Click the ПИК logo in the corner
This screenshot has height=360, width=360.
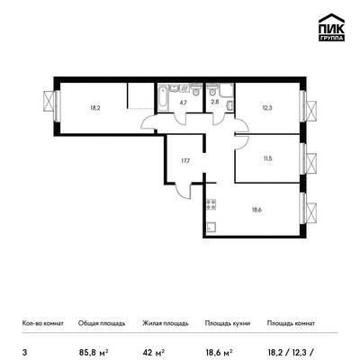(x=331, y=28)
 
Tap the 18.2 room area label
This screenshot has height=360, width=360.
(x=94, y=108)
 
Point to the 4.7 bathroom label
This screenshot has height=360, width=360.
(x=184, y=102)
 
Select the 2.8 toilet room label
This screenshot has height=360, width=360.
(x=215, y=102)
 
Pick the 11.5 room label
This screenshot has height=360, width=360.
(x=267, y=158)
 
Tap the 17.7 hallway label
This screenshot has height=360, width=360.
(x=185, y=161)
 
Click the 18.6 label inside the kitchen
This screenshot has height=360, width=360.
(x=256, y=210)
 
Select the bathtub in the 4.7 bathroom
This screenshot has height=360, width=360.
(x=163, y=98)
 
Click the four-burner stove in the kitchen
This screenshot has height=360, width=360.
(x=211, y=204)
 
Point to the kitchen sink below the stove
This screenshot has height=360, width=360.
(x=211, y=227)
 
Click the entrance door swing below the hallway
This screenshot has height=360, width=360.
(x=183, y=190)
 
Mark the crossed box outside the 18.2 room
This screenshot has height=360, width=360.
(x=49, y=101)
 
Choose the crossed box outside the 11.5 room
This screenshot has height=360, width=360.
(x=311, y=163)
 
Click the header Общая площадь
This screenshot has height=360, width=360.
(x=102, y=323)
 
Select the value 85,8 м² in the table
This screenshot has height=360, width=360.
(x=94, y=352)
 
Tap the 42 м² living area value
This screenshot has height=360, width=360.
(x=154, y=352)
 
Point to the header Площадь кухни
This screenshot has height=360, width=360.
(x=228, y=323)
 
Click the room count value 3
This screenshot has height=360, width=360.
(x=24, y=352)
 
